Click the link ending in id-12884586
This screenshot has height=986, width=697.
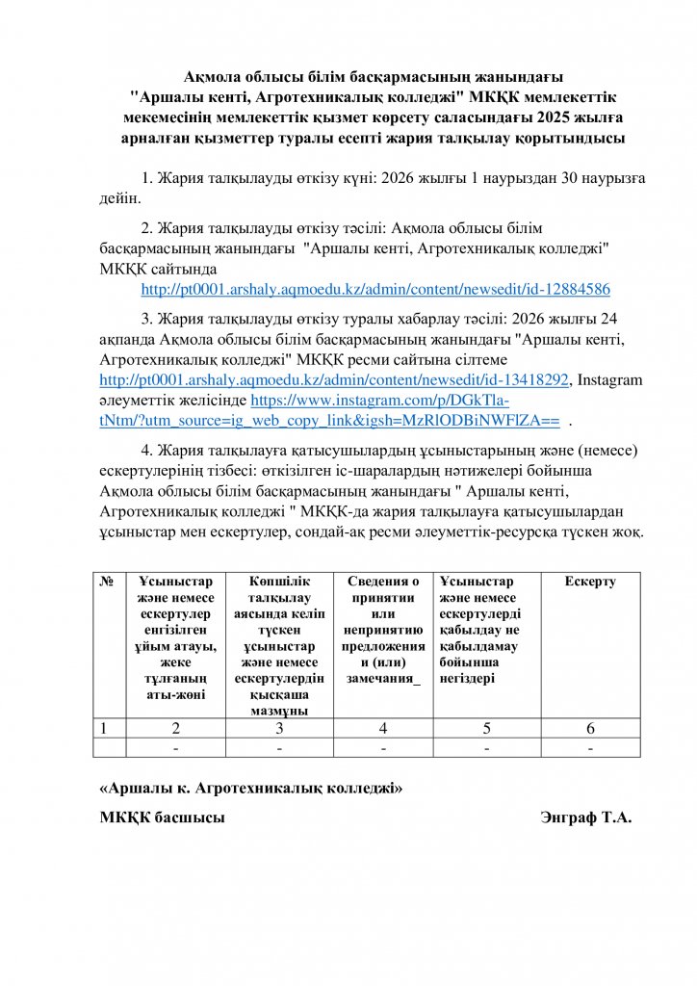point(375,289)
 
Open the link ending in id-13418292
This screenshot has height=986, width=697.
point(334,380)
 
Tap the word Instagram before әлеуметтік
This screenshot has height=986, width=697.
point(610,380)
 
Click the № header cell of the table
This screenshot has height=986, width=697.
point(109,583)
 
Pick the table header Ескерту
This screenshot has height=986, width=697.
point(590,582)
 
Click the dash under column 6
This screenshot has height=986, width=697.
point(590,748)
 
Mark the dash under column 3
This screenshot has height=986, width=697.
point(277,748)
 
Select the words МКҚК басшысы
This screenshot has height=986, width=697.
point(163,818)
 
